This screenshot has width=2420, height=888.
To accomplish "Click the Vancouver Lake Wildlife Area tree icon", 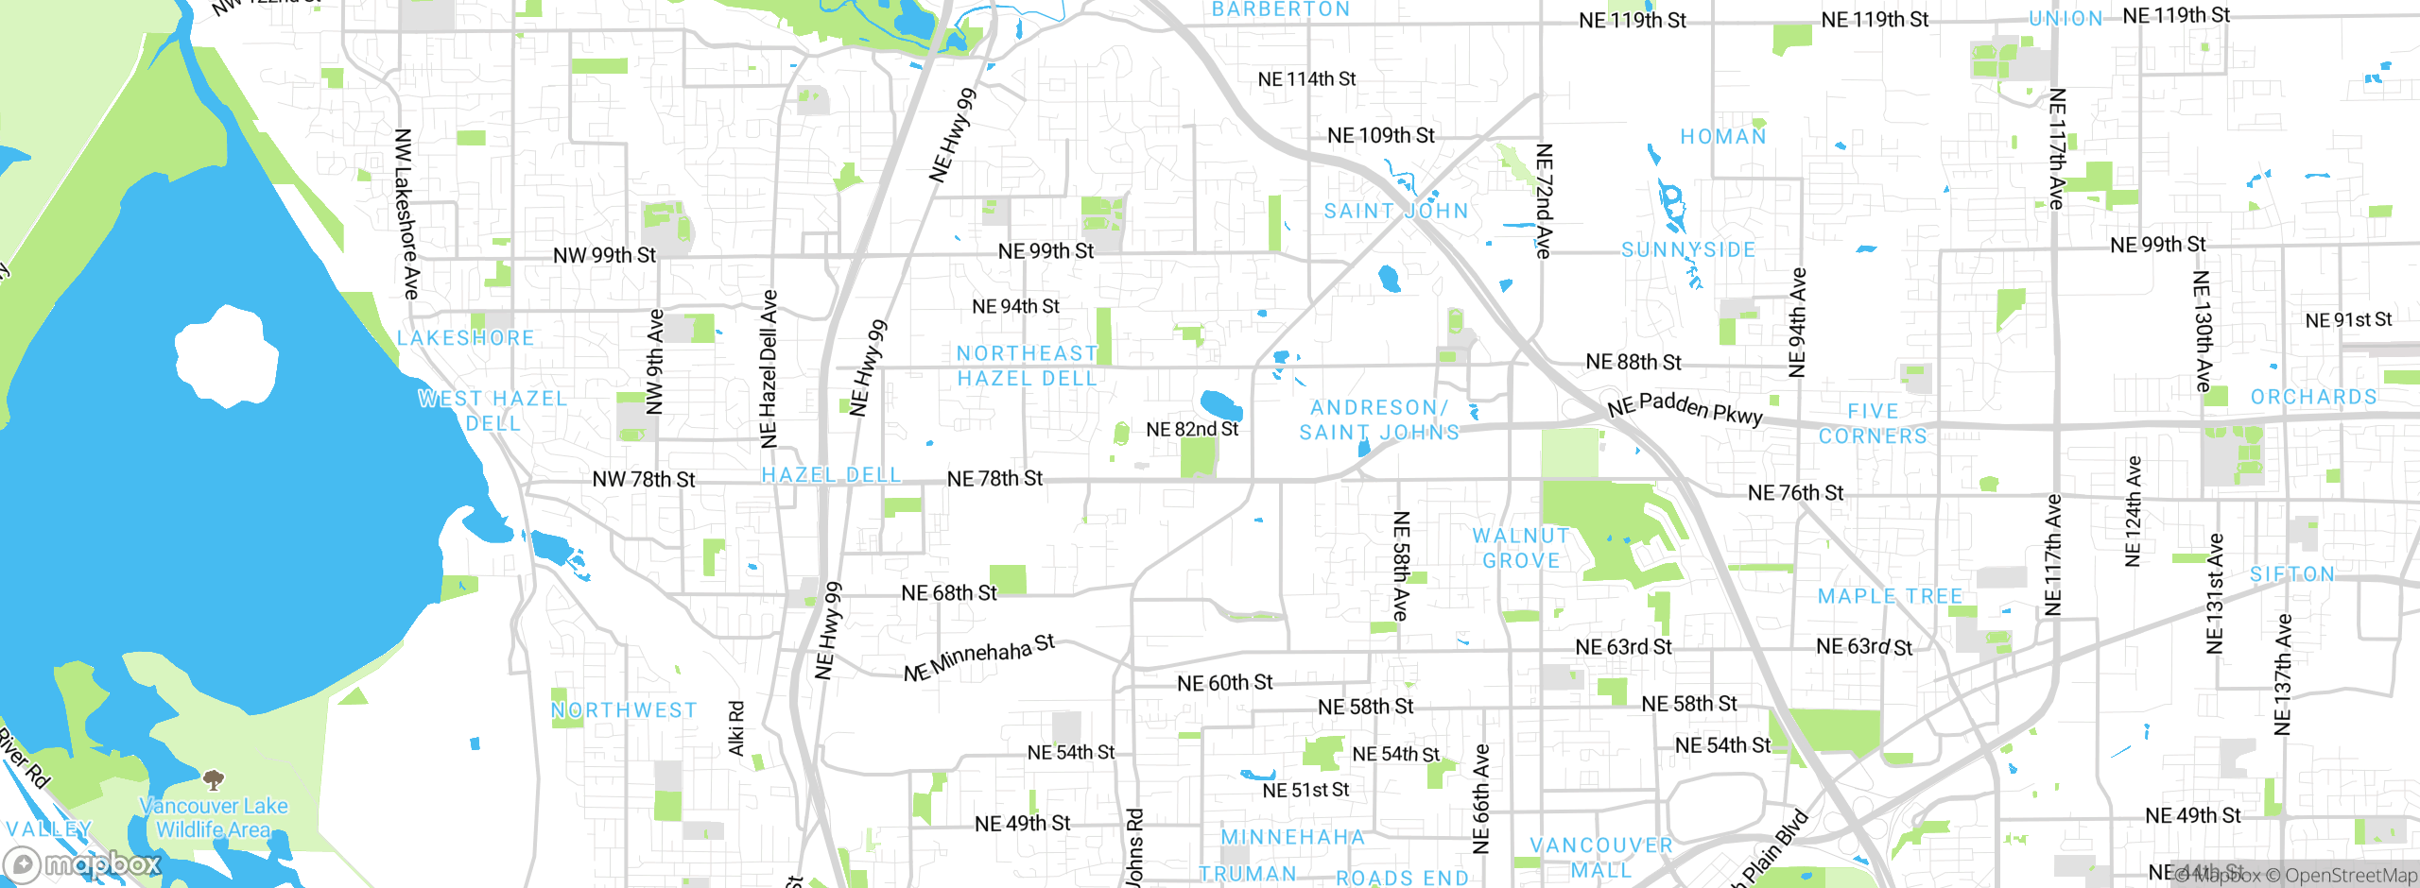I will [214, 780].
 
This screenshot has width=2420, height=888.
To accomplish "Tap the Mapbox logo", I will [83, 863].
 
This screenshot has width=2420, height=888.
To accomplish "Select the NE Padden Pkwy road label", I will [1685, 408].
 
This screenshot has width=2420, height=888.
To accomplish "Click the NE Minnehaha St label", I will [978, 657].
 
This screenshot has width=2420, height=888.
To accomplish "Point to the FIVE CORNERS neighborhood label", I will [1873, 423].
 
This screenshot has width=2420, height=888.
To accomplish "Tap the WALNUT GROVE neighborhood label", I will [1521, 548].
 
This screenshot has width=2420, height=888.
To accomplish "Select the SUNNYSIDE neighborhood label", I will [1688, 249].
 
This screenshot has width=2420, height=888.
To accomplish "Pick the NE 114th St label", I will [1306, 79].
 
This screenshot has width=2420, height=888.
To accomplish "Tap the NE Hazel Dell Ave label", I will [769, 368].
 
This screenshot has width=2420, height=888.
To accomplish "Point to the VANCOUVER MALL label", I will [1601, 858].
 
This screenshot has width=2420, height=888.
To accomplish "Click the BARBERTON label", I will [1281, 9].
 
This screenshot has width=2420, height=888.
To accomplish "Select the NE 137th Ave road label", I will [2283, 675].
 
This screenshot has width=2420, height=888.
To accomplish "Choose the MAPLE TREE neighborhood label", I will [1891, 596].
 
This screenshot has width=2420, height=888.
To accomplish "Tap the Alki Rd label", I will [736, 727].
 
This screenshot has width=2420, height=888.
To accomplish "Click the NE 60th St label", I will [1224, 682].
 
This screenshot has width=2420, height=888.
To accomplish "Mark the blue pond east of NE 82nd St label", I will [1220, 404].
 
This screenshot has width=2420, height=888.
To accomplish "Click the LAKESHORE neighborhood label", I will [465, 337].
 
